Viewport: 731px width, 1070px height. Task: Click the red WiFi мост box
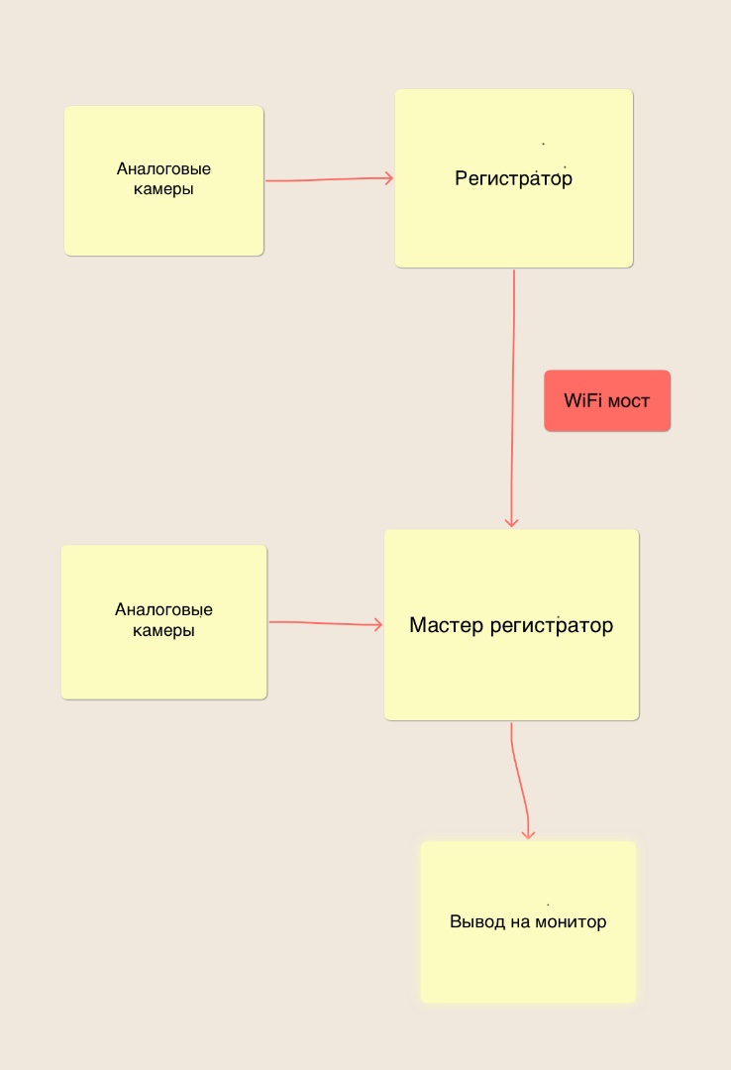607,400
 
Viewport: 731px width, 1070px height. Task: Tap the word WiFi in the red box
582,400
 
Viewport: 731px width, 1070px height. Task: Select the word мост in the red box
629,401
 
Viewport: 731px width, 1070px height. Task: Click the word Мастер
447,625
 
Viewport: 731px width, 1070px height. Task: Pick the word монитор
571,922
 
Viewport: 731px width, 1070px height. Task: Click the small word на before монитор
520,922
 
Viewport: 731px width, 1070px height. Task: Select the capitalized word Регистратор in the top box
513,178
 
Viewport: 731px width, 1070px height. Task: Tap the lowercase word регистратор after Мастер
552,626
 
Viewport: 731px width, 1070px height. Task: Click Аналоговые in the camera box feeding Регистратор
163,168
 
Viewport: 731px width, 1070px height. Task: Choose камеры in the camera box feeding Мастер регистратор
163,630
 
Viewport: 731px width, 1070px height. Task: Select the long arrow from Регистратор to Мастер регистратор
512,398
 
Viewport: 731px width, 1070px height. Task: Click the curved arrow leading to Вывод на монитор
520,781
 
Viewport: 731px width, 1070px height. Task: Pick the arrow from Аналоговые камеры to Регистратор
330,179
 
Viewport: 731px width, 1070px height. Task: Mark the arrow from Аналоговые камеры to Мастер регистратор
326,623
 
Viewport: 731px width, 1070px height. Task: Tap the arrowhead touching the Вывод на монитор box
528,834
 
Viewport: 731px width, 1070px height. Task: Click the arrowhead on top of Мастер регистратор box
511,522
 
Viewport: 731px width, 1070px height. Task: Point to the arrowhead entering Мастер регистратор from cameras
378,624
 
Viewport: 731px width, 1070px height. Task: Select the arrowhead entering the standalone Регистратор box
389,178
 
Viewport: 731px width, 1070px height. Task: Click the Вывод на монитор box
528,922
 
